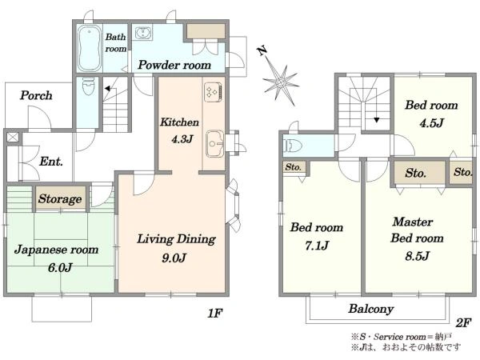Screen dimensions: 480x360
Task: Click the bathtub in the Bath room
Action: pos(89,48)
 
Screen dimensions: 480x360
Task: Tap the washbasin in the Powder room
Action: pos(142,33)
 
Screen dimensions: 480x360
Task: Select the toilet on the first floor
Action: pos(88,86)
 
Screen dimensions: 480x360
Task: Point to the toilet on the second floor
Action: pos(293,146)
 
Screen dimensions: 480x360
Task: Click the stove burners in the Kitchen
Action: pos(213,92)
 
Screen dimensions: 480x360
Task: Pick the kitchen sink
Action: pos(215,144)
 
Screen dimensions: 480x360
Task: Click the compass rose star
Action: pos(281,82)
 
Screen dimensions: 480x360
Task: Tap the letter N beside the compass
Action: pos(262,51)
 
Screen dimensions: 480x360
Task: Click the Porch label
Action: pos(36,95)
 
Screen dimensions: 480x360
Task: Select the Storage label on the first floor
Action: pos(60,199)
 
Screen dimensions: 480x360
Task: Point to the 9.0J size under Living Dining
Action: pos(174,258)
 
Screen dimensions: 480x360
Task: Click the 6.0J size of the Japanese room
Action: pos(60,268)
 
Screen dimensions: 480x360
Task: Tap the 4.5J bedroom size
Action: pos(431,123)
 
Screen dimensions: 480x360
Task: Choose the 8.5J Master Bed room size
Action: pos(418,256)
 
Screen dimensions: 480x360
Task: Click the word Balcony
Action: pos(371,309)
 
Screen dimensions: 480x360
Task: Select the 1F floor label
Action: pos(214,313)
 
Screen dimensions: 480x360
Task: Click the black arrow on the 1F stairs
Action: pos(108,89)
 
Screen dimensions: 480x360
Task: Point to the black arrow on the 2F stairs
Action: pos(377,120)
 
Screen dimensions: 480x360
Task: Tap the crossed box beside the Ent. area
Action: pos(13,138)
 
